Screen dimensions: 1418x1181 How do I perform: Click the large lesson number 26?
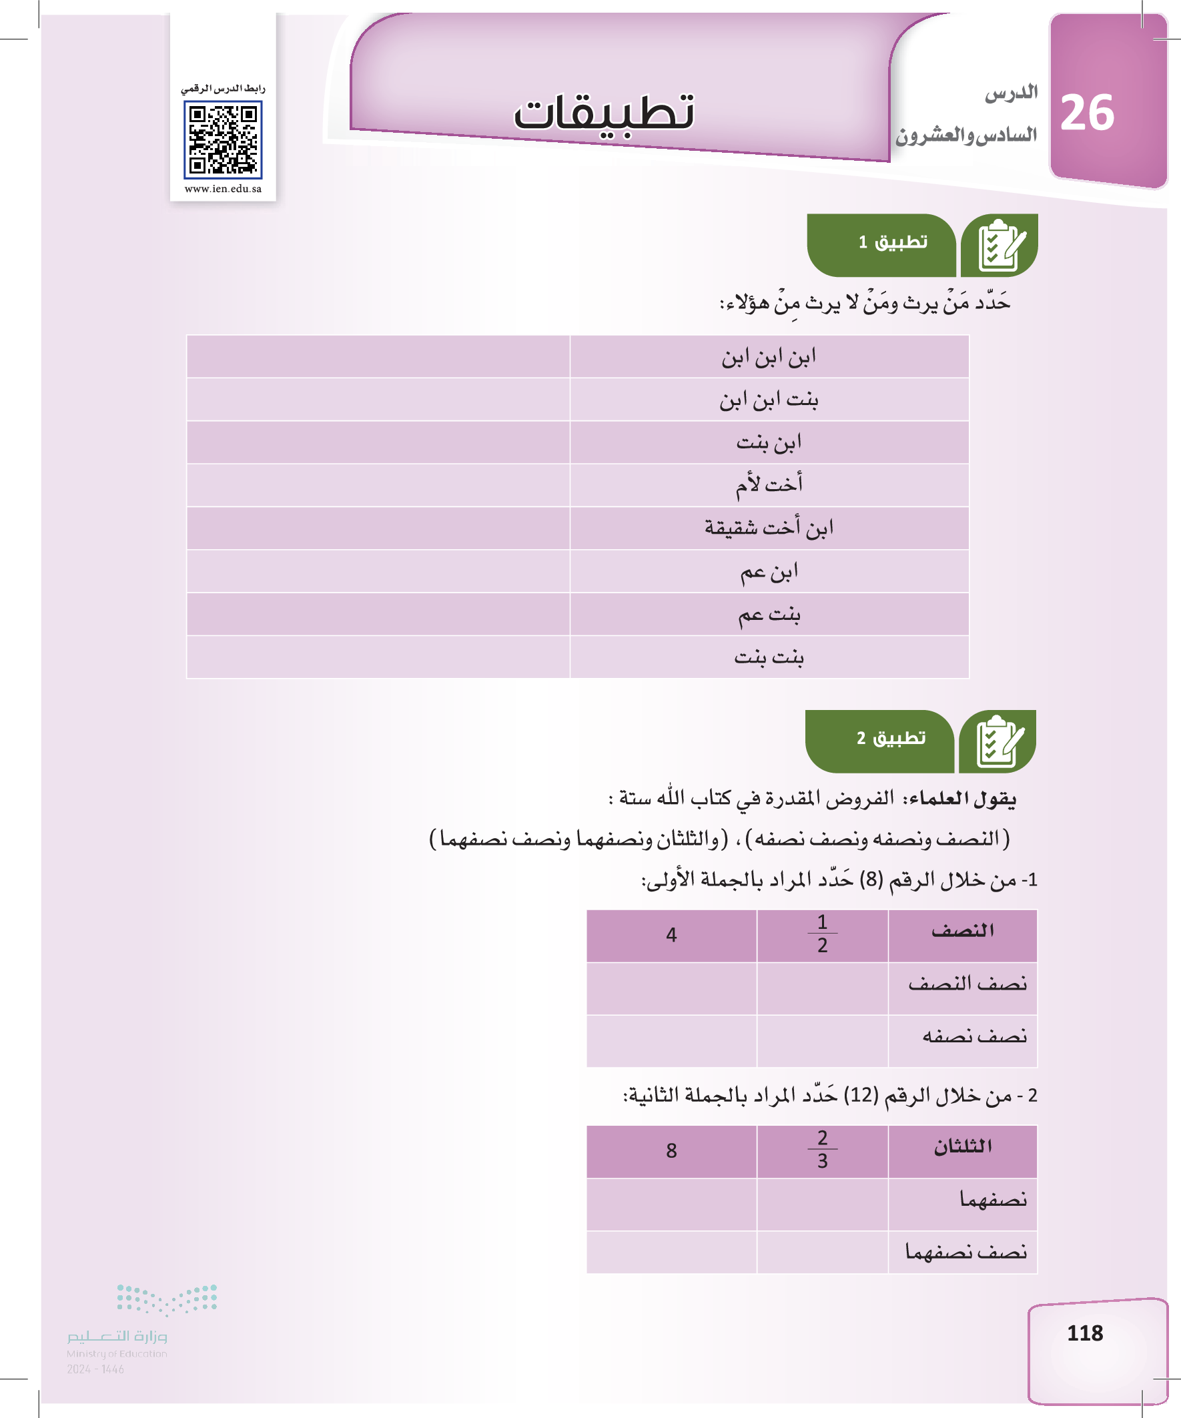tap(1086, 113)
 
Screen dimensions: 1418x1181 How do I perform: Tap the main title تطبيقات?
tap(605, 112)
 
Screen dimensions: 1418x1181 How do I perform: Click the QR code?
tap(223, 139)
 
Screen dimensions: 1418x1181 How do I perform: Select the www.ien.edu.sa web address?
tap(223, 189)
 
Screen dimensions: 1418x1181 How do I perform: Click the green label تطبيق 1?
tap(893, 242)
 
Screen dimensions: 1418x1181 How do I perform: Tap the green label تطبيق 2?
tap(891, 738)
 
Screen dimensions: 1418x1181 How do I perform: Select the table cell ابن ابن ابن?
tap(769, 356)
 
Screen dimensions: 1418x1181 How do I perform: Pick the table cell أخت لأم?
tap(769, 484)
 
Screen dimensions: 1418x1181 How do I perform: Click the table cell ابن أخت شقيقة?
tap(769, 527)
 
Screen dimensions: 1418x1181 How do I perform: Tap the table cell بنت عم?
tap(769, 614)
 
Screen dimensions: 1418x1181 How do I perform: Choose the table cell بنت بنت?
tap(769, 657)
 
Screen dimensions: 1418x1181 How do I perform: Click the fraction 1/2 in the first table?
tap(822, 934)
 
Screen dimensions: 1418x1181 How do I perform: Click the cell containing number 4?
tap(671, 934)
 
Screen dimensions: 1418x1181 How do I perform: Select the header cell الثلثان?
tap(962, 1146)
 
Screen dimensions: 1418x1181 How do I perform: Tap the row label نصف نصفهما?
tap(965, 1252)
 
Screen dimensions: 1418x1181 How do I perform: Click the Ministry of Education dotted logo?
tap(167, 1300)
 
